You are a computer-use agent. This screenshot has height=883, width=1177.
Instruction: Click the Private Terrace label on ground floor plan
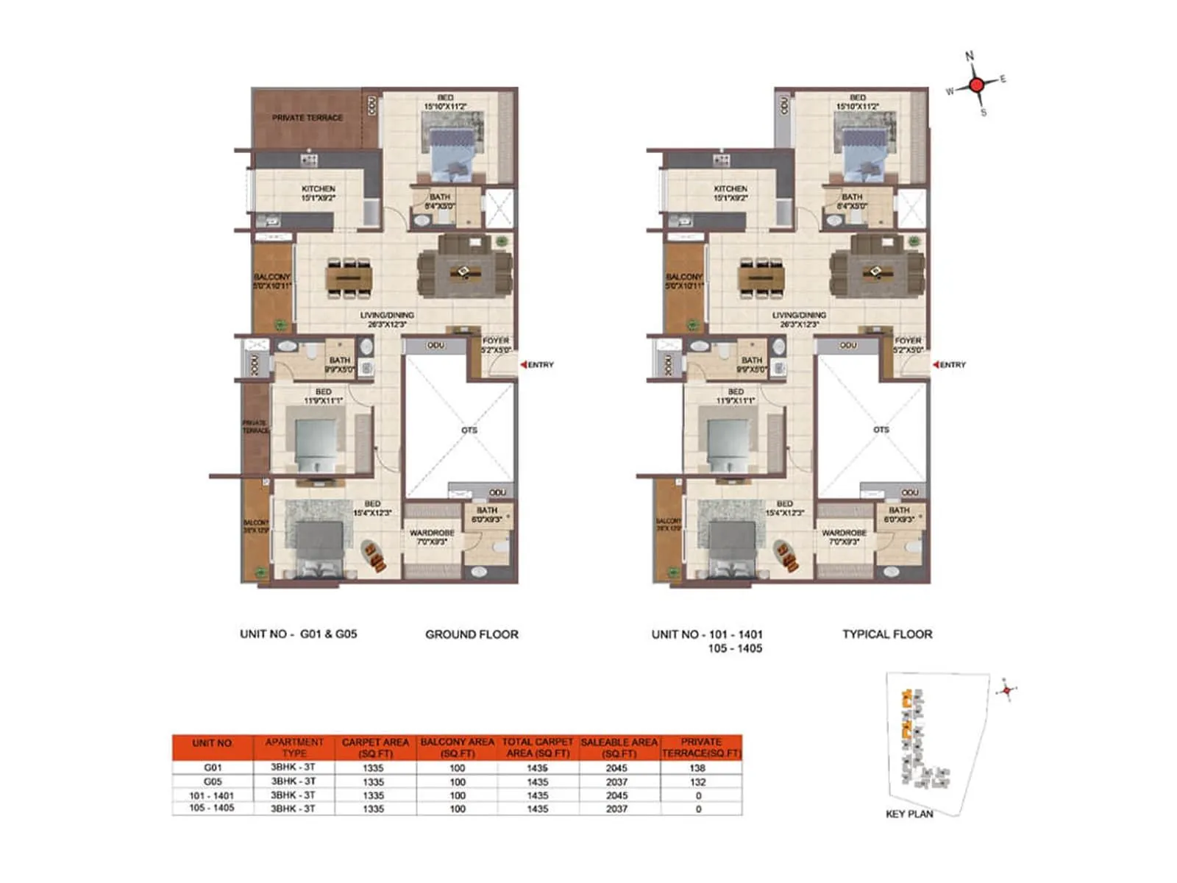307,118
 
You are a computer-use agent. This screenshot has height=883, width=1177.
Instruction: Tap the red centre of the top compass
976,85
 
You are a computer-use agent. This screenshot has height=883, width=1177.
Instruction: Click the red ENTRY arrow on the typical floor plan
936,365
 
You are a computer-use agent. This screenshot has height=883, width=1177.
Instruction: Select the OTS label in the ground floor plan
469,430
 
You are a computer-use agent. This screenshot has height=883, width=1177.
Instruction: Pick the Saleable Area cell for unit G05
616,781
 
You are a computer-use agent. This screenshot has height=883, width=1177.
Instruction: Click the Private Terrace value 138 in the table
698,767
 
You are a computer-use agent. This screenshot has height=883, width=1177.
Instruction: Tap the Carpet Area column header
375,748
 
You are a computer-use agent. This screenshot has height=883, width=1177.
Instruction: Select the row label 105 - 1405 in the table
212,808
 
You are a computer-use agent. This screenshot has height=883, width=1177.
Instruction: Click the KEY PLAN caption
909,814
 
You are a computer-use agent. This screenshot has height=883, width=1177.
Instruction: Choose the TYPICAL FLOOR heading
887,634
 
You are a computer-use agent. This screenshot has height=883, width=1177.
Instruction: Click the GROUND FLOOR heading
472,634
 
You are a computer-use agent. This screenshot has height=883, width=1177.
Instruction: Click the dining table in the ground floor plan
349,278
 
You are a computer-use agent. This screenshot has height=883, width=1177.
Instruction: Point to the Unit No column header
212,743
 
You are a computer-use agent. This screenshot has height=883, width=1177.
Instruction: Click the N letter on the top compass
970,56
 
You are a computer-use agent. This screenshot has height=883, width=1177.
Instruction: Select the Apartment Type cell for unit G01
293,767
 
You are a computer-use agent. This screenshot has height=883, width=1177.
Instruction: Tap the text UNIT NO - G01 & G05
298,634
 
